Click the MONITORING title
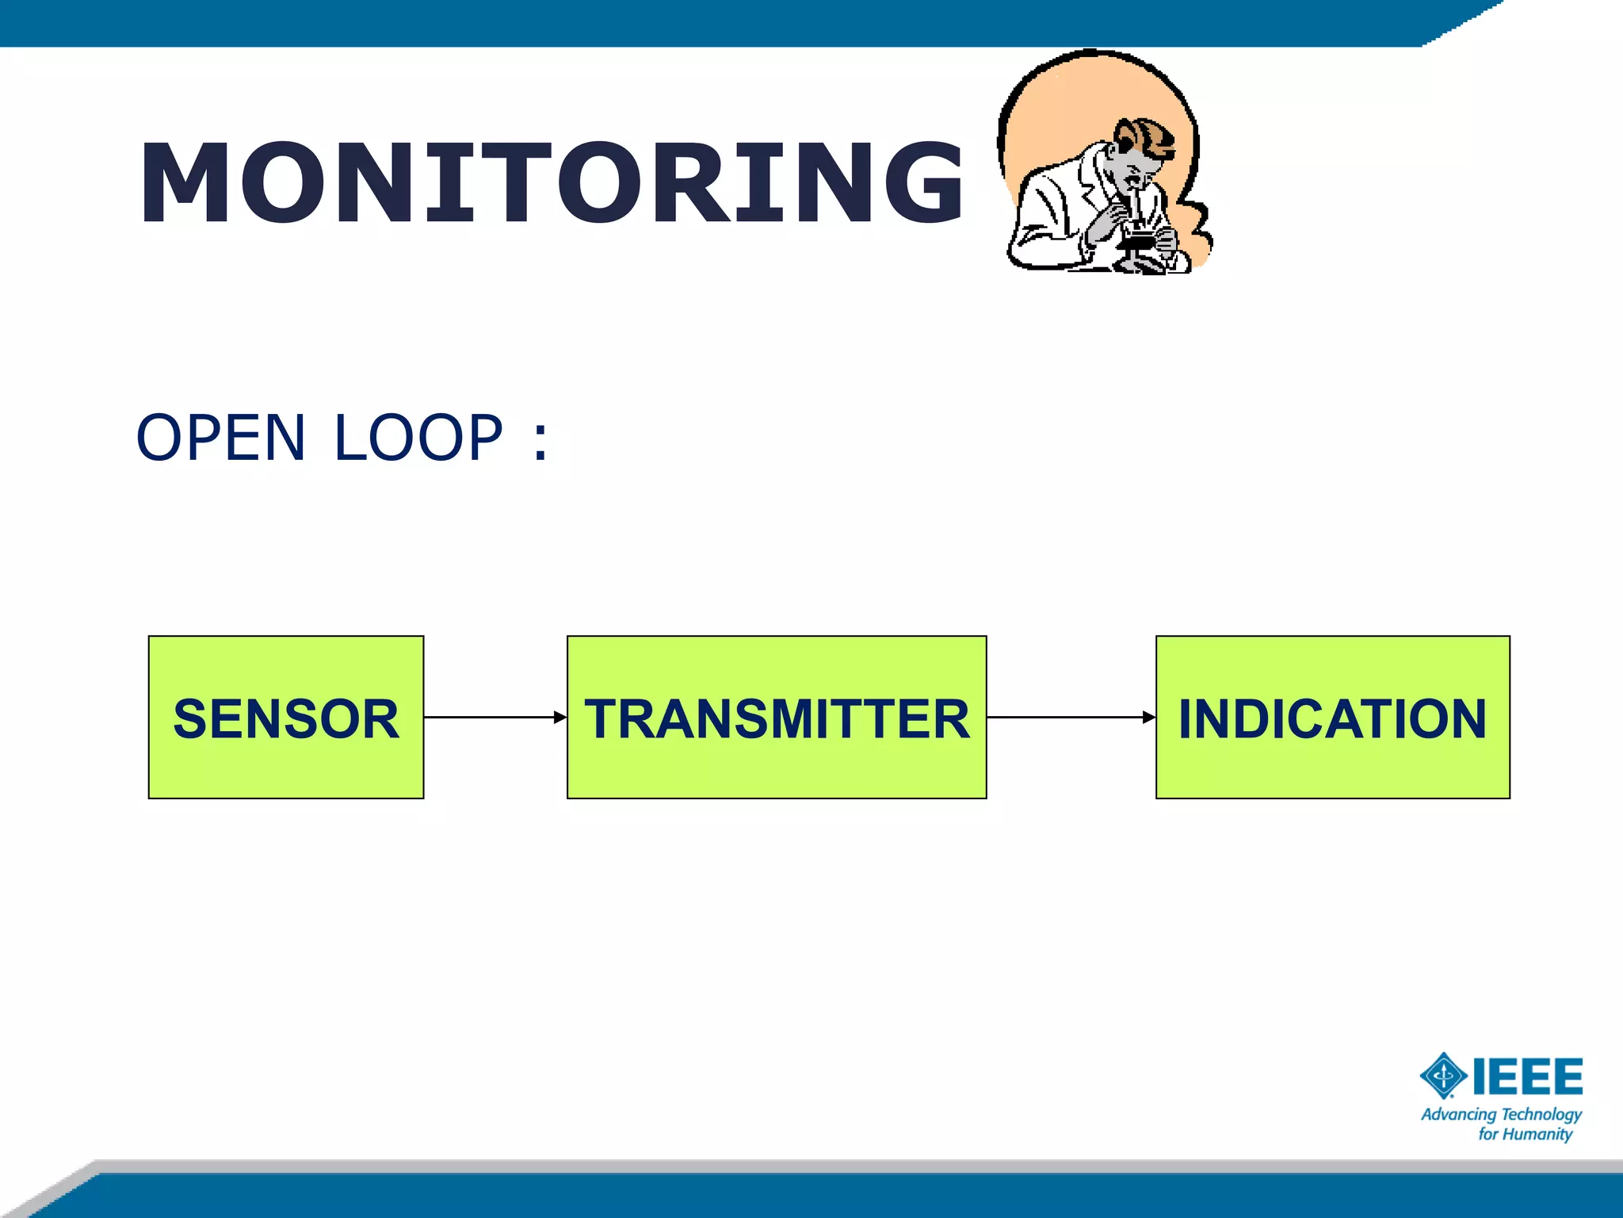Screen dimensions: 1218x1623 551,183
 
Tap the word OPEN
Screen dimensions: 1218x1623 220,438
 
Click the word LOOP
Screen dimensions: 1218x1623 418,438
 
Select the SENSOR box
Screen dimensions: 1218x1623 286,718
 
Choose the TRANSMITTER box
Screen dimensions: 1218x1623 777,718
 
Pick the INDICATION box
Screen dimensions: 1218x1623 1332,718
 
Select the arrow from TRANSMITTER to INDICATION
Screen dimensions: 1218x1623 1071,718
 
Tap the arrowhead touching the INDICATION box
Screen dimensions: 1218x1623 1148,718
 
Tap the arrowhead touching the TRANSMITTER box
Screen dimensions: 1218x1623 560,718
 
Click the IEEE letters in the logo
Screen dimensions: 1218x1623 1528,1076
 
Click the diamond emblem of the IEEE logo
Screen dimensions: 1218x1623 1444,1076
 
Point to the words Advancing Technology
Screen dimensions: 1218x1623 1501,1114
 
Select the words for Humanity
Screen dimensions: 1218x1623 1525,1135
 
